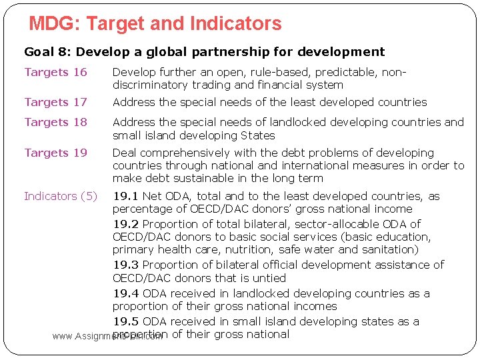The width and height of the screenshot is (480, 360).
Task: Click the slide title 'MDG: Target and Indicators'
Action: [155, 24]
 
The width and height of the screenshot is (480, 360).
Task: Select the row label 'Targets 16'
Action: [55, 72]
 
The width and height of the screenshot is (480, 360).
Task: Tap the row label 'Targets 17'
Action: [55, 102]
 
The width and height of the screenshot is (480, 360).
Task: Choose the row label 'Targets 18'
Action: [55, 122]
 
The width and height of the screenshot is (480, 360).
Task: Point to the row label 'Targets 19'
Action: [55, 153]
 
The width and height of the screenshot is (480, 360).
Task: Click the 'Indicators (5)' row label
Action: [61, 196]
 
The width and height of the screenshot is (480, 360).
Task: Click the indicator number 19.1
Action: [125, 196]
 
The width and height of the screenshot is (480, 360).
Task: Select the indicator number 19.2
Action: [125, 224]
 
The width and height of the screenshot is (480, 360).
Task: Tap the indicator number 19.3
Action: [125, 265]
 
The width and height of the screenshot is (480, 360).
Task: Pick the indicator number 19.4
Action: [125, 293]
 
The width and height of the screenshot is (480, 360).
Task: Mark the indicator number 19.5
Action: [125, 321]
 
